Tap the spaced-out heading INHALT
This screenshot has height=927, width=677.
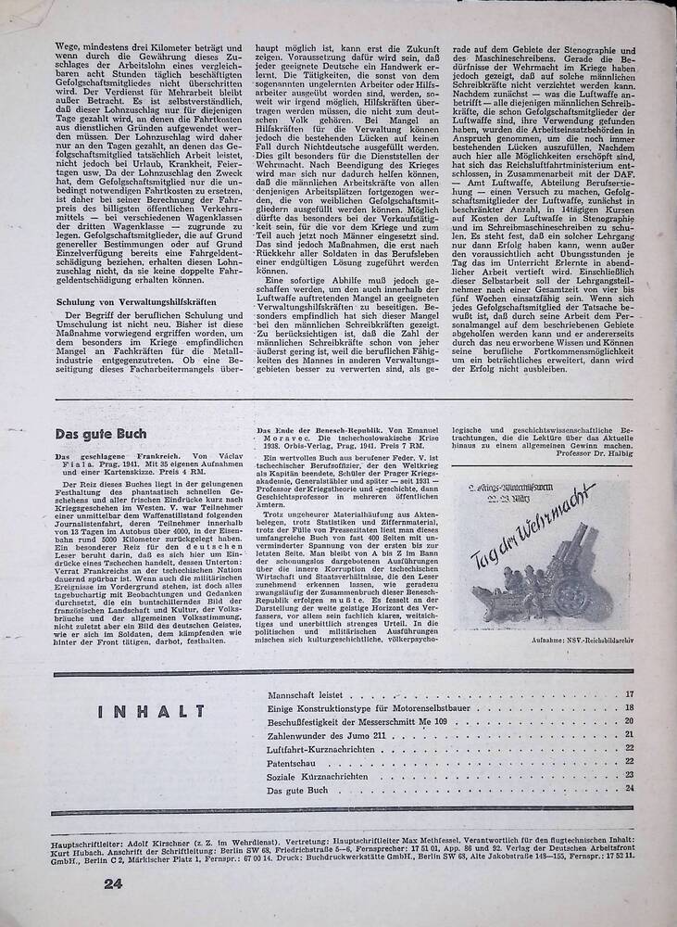tap(151, 711)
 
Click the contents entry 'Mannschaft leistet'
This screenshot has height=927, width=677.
tap(305, 693)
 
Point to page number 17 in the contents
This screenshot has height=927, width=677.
tap(629, 693)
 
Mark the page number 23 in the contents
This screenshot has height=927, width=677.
tap(629, 775)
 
